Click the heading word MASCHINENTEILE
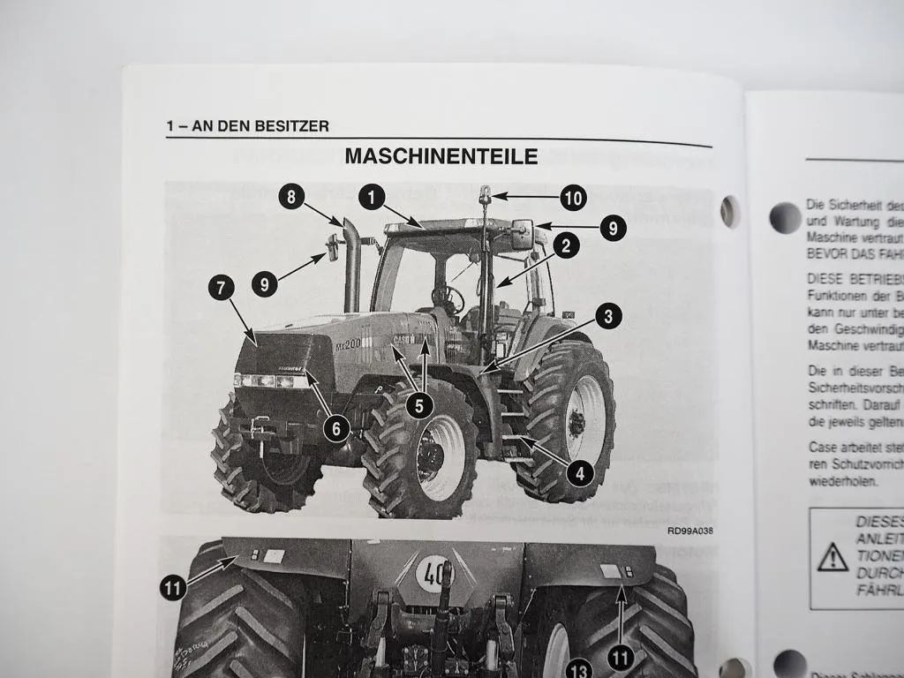[441, 157]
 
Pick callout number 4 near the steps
[580, 473]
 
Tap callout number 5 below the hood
[419, 405]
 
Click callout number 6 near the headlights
[335, 429]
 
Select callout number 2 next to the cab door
[566, 245]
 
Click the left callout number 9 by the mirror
[264, 284]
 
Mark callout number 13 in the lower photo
[579, 668]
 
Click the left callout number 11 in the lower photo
[174, 587]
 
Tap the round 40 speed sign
[433, 574]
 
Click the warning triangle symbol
[832, 557]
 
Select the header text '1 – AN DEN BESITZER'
[248, 126]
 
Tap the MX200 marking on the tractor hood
[348, 343]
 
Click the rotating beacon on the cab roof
[486, 193]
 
